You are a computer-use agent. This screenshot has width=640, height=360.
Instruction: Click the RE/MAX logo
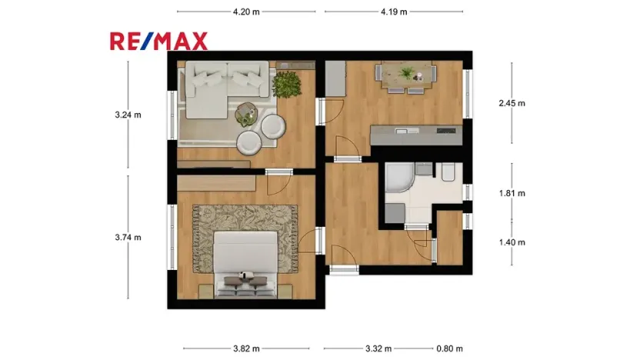(158, 42)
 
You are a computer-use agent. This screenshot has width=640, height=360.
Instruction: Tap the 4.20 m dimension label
(246, 12)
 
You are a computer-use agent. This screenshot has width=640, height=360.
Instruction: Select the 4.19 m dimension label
(394, 12)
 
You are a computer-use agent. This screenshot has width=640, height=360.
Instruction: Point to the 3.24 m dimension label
(128, 115)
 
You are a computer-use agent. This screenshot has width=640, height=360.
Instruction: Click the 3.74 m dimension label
(128, 238)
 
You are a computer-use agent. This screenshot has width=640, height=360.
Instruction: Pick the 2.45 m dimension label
(512, 103)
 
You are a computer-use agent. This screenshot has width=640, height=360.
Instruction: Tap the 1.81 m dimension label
(512, 194)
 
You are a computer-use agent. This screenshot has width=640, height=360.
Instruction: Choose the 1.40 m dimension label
(512, 242)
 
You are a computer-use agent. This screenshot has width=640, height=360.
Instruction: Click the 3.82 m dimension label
(246, 348)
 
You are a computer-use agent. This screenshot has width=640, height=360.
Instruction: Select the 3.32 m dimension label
(378, 348)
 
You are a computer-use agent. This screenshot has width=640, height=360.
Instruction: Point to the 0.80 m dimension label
(449, 348)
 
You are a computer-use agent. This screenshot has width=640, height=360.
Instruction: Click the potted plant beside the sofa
(287, 85)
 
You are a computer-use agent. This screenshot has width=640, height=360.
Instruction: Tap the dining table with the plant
(406, 76)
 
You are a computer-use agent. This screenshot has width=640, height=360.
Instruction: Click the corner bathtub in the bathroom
(399, 177)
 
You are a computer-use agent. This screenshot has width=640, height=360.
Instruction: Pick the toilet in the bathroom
(448, 172)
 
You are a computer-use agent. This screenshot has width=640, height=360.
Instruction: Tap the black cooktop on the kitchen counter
(446, 131)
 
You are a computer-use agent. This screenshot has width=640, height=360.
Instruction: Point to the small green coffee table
(246, 114)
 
